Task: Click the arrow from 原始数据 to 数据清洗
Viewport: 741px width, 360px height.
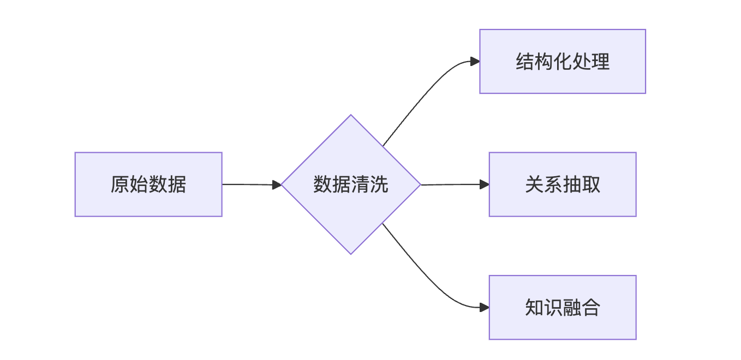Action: tap(248, 184)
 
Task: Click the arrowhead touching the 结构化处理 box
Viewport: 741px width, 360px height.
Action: tap(475, 62)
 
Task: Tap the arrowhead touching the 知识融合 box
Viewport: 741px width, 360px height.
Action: tap(484, 307)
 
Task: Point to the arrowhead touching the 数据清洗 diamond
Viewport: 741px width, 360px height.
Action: tap(277, 185)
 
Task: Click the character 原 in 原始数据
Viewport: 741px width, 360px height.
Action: tap(120, 184)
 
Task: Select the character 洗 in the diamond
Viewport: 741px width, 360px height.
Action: tap(379, 184)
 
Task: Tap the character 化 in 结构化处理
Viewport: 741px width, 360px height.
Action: tap(563, 62)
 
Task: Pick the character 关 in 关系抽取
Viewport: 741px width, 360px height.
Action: tap(534, 184)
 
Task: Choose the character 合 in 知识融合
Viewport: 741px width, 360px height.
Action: tap(591, 308)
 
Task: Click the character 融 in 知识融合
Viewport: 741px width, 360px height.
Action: tap(572, 308)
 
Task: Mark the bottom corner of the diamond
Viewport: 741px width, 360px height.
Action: tap(351, 253)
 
